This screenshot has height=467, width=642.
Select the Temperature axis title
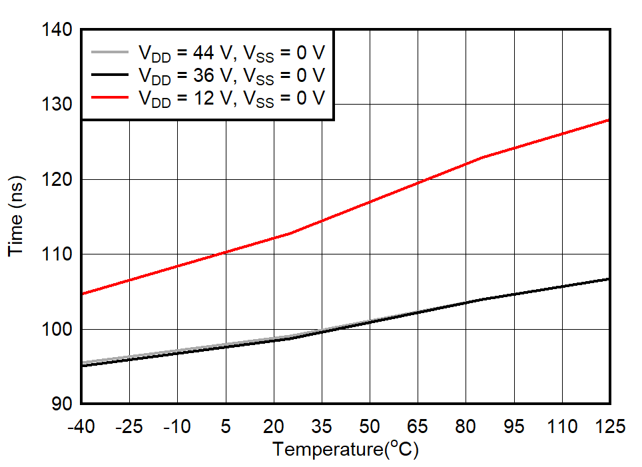click(345, 450)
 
